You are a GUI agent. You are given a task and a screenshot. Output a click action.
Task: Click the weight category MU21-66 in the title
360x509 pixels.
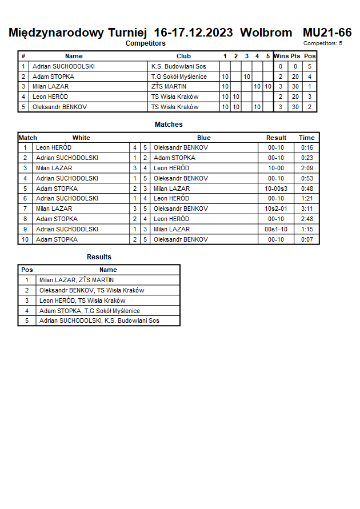[327, 33]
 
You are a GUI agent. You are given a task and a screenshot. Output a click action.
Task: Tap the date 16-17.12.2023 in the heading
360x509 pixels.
[193, 33]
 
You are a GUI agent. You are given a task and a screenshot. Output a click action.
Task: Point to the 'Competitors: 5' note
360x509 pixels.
[323, 43]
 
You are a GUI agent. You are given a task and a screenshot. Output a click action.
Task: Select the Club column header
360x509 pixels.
[183, 56]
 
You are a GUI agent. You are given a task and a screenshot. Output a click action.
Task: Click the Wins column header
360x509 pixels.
[281, 56]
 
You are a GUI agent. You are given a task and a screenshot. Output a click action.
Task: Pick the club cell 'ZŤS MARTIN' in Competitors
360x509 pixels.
[169, 86]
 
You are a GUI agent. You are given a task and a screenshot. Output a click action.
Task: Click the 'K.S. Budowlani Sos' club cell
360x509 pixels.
[178, 66]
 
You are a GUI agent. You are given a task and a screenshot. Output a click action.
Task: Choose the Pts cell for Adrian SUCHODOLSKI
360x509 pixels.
[295, 66]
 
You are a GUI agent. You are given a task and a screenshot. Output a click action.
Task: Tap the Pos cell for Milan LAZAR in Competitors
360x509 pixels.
[309, 86]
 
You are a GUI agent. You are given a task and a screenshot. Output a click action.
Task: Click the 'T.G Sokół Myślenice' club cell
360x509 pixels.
[179, 77]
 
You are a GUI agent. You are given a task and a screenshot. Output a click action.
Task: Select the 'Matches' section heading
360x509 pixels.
[169, 125]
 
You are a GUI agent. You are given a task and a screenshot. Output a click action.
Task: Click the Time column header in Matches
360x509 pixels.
[307, 138]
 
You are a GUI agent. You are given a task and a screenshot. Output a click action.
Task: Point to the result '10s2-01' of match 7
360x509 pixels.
[276, 209]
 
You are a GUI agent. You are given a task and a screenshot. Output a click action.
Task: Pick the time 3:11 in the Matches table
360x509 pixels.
[307, 209]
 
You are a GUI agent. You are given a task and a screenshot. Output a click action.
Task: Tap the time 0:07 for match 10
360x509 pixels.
[307, 239]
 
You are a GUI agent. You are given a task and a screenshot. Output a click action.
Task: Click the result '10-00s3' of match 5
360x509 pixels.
[276, 189]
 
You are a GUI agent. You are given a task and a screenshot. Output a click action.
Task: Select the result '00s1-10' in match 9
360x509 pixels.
[276, 229]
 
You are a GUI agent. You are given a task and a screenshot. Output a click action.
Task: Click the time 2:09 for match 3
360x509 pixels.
[307, 168]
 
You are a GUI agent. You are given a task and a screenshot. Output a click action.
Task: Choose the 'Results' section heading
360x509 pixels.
[99, 257]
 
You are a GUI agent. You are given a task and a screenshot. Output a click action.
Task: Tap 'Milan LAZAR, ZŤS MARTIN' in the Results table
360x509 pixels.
[77, 280]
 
